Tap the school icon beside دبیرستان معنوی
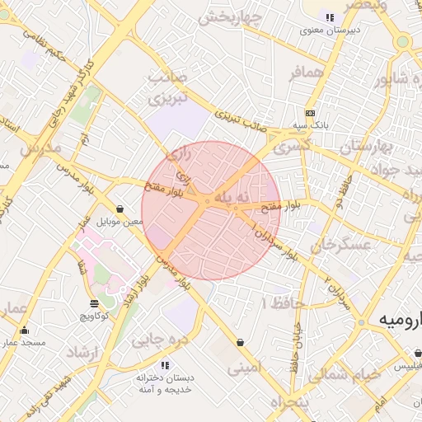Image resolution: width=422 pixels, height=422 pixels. (330, 17)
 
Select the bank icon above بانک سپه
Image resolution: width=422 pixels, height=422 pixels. (309, 113)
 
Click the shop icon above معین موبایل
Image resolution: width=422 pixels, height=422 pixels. (121, 209)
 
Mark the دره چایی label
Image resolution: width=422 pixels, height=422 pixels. (161, 338)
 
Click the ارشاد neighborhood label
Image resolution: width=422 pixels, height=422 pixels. (81, 354)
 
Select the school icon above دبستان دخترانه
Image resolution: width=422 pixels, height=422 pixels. (165, 364)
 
